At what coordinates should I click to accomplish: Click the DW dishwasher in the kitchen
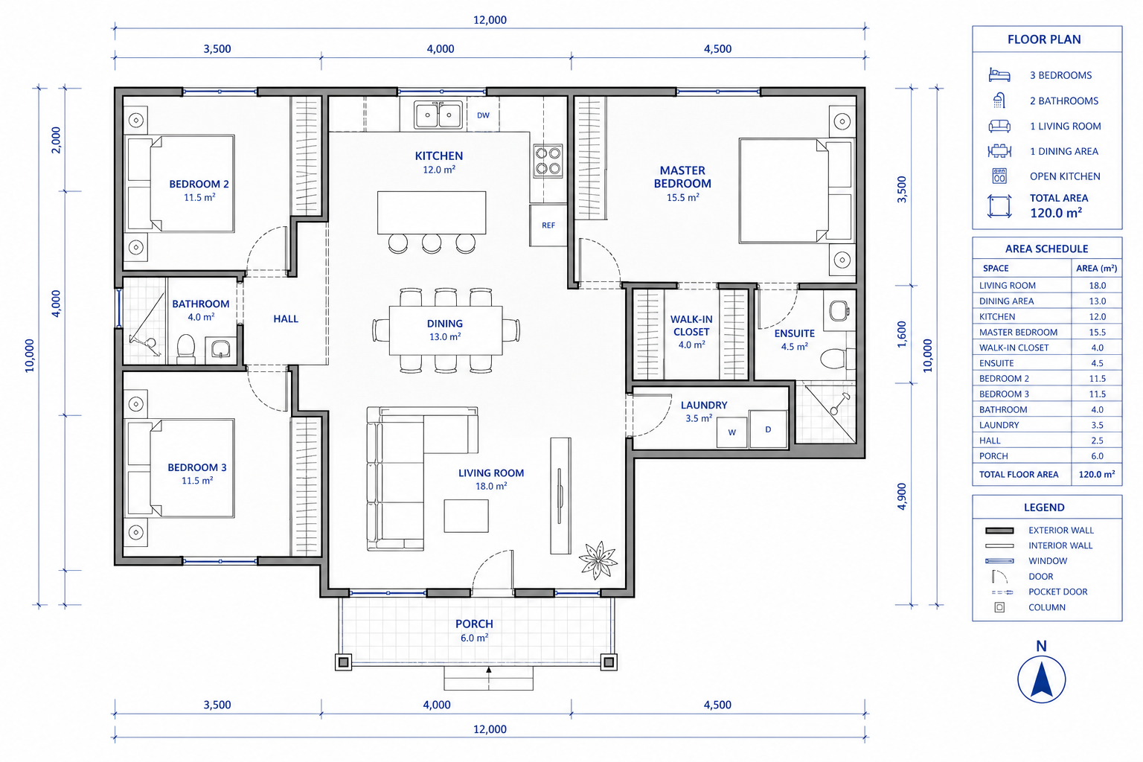coord(483,115)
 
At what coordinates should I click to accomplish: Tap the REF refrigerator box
coord(548,225)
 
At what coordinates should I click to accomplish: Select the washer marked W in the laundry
coord(731,432)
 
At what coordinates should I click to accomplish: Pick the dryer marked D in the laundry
coord(768,429)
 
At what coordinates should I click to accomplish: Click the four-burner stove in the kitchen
coord(548,160)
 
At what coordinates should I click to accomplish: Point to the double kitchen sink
coord(438,115)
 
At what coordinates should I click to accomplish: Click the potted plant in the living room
coord(598,560)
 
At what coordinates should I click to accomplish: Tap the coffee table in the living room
coord(466,516)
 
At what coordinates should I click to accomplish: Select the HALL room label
coord(286,319)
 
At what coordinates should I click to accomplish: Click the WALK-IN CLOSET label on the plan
coord(691,325)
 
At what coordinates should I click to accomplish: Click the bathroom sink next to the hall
coord(221,349)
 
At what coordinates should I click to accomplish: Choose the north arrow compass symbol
coord(1042,679)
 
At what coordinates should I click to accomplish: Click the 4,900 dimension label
coord(902,496)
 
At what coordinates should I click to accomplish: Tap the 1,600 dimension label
coord(902,334)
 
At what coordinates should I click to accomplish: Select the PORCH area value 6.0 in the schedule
coord(1097,455)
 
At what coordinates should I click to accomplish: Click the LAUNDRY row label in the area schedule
coord(999,425)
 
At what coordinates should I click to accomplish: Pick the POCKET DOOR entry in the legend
coord(1057,592)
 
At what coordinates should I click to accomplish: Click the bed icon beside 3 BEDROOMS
coord(999,75)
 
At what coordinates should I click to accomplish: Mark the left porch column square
coord(343,662)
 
